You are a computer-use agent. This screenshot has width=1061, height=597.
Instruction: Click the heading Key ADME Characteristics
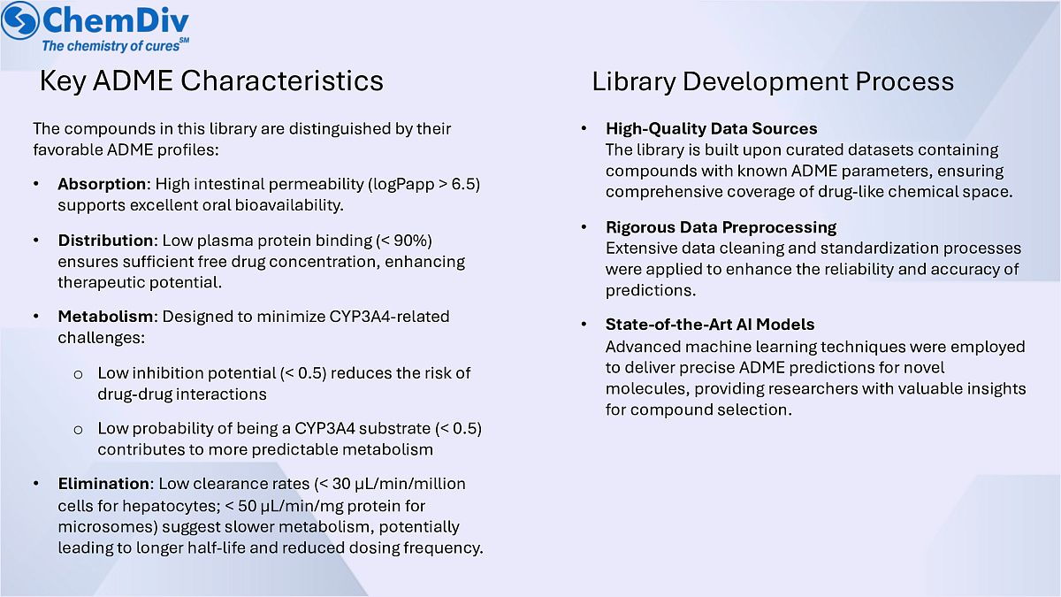click(211, 81)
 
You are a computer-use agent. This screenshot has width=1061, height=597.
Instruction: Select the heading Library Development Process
click(773, 82)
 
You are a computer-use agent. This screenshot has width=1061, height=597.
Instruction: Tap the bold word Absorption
click(100, 184)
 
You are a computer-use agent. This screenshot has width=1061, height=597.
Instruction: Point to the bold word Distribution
click(105, 241)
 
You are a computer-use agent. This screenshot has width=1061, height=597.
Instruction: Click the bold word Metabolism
click(105, 317)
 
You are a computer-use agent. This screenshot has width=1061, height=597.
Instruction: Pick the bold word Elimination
click(103, 484)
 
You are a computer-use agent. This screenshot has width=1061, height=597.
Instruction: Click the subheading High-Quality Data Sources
click(711, 129)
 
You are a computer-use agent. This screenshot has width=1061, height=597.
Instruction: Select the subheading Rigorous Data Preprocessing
click(721, 227)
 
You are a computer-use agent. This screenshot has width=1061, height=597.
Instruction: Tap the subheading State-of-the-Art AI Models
click(710, 325)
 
